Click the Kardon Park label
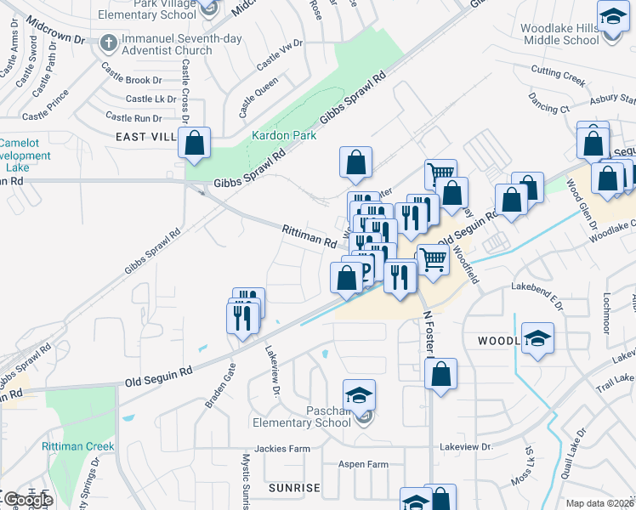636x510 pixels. [283, 135]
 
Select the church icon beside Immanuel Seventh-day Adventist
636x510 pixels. [107, 41]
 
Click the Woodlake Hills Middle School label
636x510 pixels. [559, 34]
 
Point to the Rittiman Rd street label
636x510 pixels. [309, 235]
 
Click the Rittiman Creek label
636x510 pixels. [77, 446]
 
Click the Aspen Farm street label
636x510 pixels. [363, 464]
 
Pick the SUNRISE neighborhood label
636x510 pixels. [294, 488]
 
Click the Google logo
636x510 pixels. [27, 500]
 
